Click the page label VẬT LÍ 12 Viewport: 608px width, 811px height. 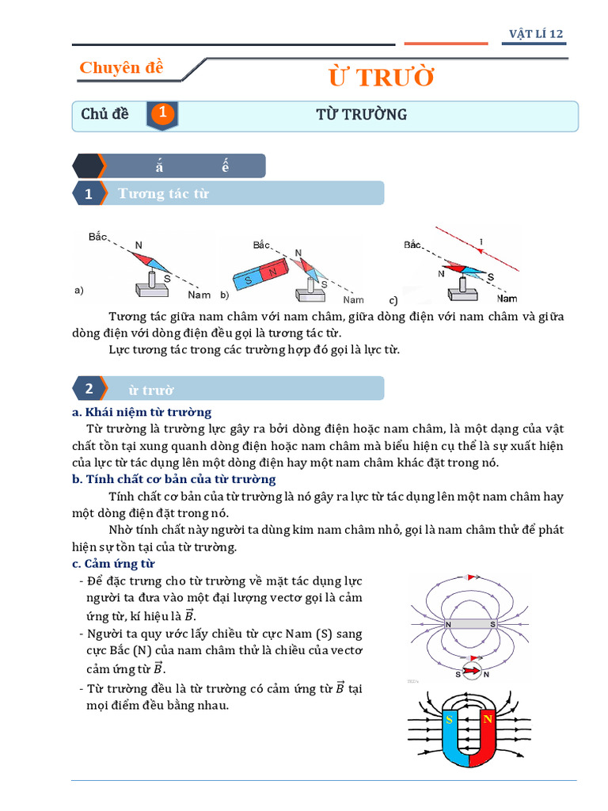point(536,33)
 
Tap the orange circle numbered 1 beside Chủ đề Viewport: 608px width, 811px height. point(162,114)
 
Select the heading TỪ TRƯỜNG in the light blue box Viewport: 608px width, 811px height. point(361,114)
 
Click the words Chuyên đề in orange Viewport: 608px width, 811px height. point(121,68)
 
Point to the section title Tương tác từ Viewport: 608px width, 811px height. point(163,193)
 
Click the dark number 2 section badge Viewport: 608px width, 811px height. point(89,389)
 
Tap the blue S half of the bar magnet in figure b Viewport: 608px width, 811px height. point(249,280)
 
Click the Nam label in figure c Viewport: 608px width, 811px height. point(507,299)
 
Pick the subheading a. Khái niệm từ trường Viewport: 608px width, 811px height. point(142,412)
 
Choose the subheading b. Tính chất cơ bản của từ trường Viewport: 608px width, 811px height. point(173,479)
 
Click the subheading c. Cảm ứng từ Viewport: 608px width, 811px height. point(113,563)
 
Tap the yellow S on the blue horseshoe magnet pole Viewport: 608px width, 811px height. point(449,719)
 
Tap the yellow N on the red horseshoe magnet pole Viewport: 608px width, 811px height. point(488,719)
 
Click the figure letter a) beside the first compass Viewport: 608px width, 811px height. point(79,291)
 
